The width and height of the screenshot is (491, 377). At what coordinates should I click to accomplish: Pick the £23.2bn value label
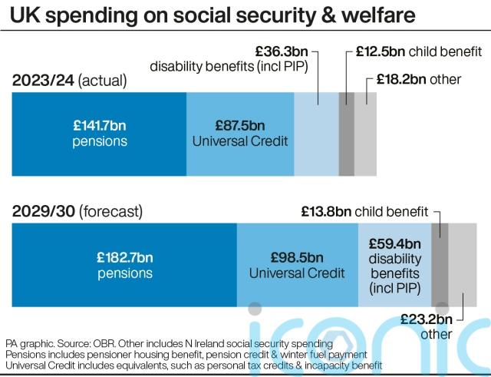tap(427, 319)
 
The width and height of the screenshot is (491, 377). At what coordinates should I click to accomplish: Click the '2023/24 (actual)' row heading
tap(68, 81)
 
